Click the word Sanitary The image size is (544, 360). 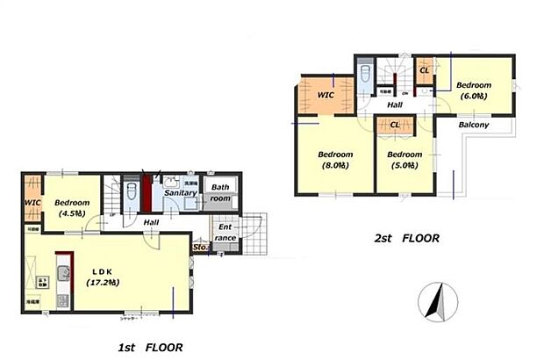pyautogui.click(x=180, y=192)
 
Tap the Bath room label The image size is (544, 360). pyautogui.click(x=220, y=192)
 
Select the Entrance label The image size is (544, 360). pyautogui.click(x=224, y=232)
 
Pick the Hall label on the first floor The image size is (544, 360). pyautogui.click(x=151, y=222)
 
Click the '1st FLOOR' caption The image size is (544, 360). pyautogui.click(x=151, y=348)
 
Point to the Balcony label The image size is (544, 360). pyautogui.click(x=474, y=126)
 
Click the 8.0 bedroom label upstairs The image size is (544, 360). pyautogui.click(x=336, y=160)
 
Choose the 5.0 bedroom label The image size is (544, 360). pyautogui.click(x=404, y=160)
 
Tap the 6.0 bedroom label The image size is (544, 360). pyautogui.click(x=475, y=90)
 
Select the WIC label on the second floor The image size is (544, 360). pyautogui.click(x=326, y=95)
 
